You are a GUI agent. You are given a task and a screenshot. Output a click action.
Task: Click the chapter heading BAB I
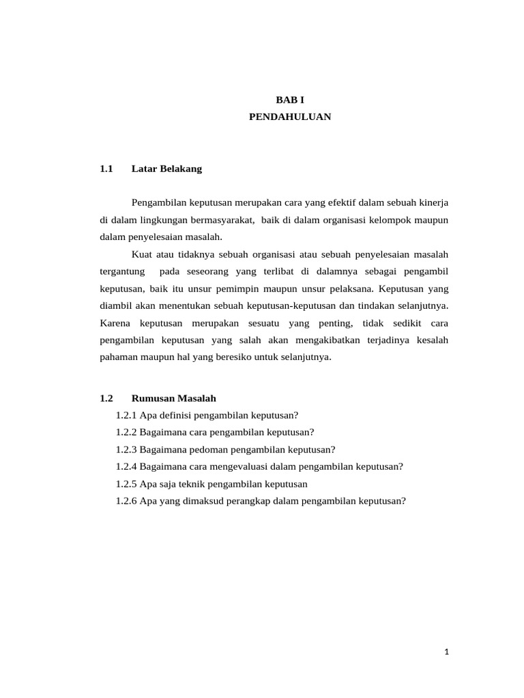tap(290, 100)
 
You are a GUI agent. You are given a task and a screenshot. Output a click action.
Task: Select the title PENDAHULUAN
tap(290, 117)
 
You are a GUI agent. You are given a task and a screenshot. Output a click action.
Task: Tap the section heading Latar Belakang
tap(166, 168)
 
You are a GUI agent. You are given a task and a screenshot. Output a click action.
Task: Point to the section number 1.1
tap(105, 168)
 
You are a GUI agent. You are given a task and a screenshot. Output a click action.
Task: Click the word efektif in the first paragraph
tap(332, 203)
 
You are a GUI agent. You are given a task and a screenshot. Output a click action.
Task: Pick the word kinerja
tap(433, 203)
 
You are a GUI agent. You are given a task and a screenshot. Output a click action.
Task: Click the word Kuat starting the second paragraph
tap(141, 254)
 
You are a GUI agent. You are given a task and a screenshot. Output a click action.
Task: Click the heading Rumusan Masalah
tap(173, 399)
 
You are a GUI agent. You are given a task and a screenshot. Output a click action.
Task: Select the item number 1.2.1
tap(126, 416)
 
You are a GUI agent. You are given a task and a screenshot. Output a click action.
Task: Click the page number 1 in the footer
tap(446, 652)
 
